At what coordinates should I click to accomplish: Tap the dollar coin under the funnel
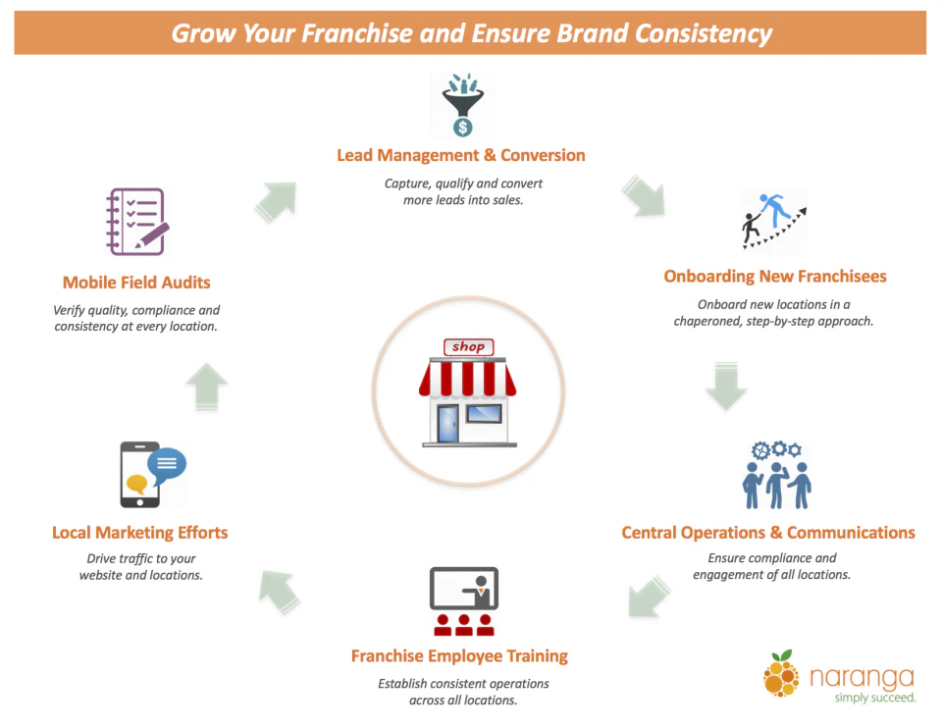point(462,127)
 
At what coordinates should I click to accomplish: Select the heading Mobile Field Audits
point(136,283)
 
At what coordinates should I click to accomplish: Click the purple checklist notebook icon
point(137,222)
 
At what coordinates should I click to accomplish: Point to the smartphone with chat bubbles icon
point(153,475)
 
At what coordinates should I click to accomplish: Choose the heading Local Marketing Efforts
point(140,533)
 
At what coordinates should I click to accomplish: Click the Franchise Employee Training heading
point(459,656)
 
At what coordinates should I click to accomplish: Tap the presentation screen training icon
point(464,600)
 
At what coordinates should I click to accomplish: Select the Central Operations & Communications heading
point(768,533)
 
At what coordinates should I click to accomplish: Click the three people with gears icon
point(776,475)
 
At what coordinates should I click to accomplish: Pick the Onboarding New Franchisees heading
point(775,277)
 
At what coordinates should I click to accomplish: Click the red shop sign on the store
point(469,347)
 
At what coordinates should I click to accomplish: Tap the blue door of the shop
point(447,424)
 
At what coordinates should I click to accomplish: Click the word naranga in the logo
point(863,677)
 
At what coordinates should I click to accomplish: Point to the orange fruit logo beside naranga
point(781,673)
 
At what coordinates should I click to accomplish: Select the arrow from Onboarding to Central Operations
point(726,386)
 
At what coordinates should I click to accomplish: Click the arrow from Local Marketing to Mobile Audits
point(207,387)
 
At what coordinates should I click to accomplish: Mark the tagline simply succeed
point(874,698)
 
